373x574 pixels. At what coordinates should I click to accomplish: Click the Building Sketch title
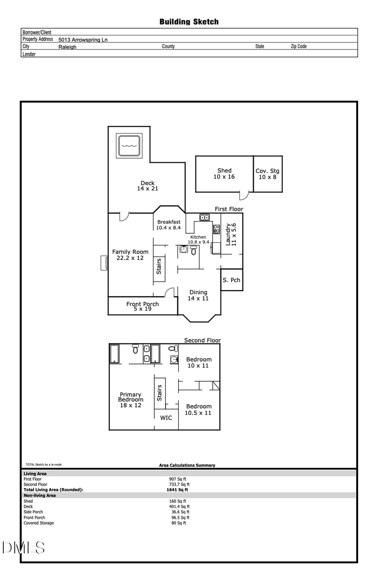[189, 21]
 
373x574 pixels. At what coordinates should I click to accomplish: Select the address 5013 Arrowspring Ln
[83, 40]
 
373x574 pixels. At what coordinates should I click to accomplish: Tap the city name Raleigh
[67, 47]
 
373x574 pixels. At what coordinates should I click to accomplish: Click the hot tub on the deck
[129, 146]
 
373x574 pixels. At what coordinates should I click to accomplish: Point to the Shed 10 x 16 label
[224, 174]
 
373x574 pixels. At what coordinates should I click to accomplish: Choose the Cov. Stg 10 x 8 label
[267, 174]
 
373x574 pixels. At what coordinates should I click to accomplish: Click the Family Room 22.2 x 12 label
[130, 255]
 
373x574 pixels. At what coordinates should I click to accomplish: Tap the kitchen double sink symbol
[204, 217]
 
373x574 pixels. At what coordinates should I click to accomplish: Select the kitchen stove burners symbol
[216, 229]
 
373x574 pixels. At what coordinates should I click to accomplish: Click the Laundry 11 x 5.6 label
[231, 234]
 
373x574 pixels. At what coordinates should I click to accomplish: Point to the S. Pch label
[231, 280]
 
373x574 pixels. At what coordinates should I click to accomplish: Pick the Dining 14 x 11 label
[198, 295]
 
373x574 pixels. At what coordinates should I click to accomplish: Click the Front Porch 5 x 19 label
[143, 306]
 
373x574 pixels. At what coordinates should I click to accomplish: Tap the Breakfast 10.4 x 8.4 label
[169, 224]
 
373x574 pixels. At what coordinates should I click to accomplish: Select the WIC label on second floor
[166, 418]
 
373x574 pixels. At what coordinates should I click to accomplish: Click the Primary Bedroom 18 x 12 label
[131, 400]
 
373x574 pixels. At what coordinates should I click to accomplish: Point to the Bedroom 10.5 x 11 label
[199, 410]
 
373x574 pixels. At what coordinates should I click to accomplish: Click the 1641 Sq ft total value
[177, 490]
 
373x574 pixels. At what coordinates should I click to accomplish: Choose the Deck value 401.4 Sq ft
[179, 506]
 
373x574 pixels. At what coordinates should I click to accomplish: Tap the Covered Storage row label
[39, 523]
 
